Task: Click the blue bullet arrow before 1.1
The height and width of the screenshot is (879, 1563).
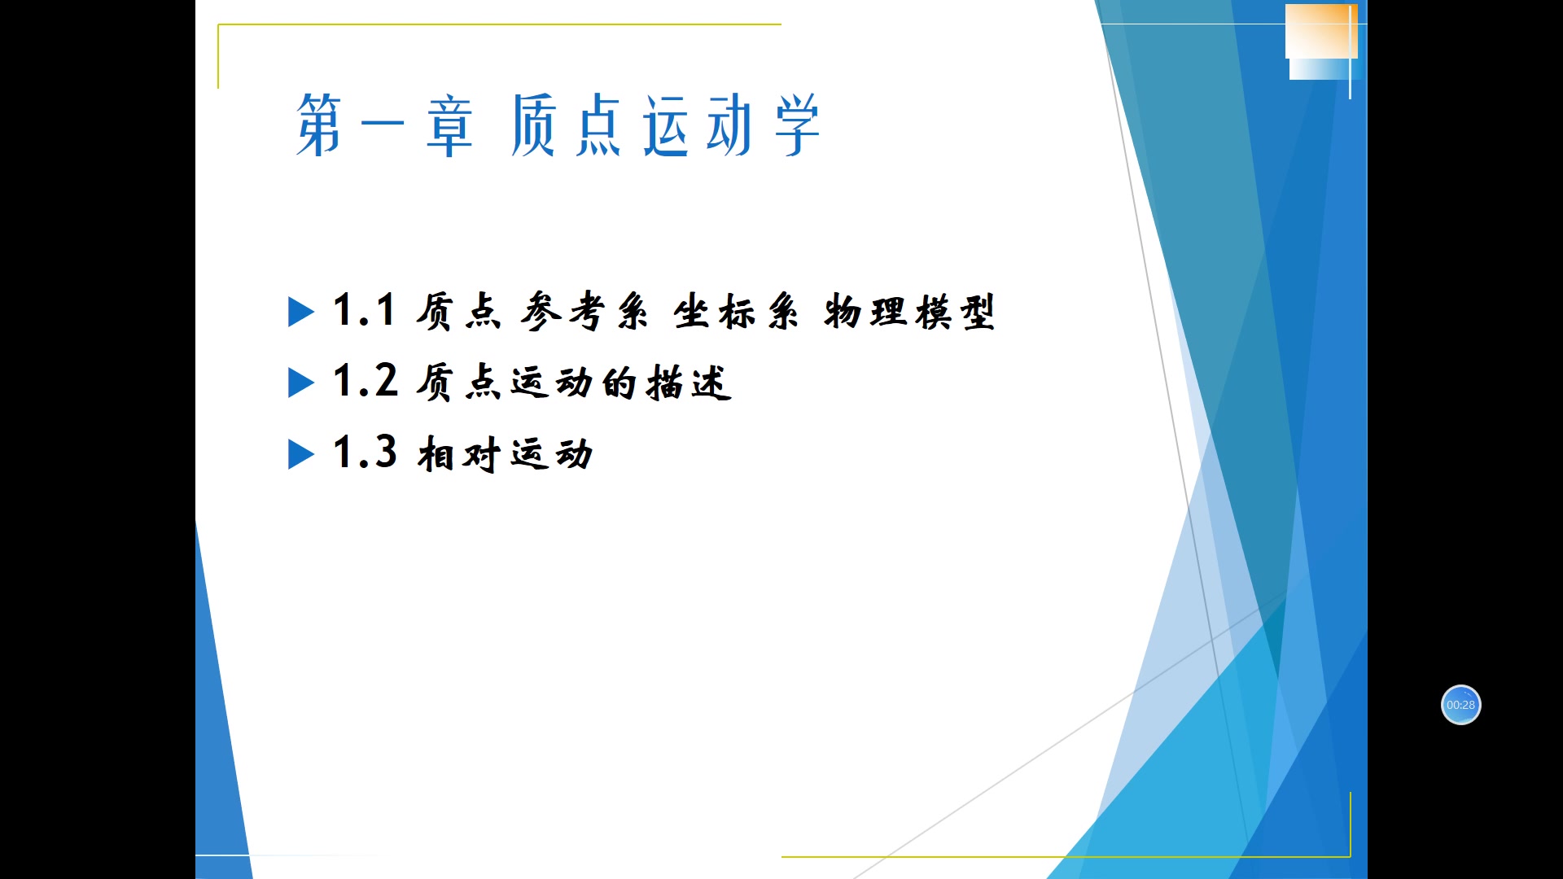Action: click(300, 312)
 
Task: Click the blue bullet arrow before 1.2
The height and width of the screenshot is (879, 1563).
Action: click(300, 383)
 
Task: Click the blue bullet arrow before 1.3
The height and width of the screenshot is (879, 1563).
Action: click(300, 454)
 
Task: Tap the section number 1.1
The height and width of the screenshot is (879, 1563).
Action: click(364, 311)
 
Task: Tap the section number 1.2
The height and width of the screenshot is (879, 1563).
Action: click(365, 382)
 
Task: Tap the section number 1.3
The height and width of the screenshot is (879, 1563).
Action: click(365, 453)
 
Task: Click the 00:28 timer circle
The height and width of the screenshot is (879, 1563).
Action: click(1460, 705)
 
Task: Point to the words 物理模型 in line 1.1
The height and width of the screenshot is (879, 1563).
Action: click(909, 312)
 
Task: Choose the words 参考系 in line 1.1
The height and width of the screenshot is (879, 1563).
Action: click(584, 312)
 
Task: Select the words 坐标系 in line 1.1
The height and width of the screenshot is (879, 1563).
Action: click(736, 312)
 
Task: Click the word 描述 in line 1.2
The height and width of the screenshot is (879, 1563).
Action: click(689, 383)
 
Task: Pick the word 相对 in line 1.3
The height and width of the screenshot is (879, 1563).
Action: click(458, 454)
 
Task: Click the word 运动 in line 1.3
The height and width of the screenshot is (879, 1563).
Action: click(552, 454)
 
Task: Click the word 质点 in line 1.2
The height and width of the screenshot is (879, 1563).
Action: click(458, 383)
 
